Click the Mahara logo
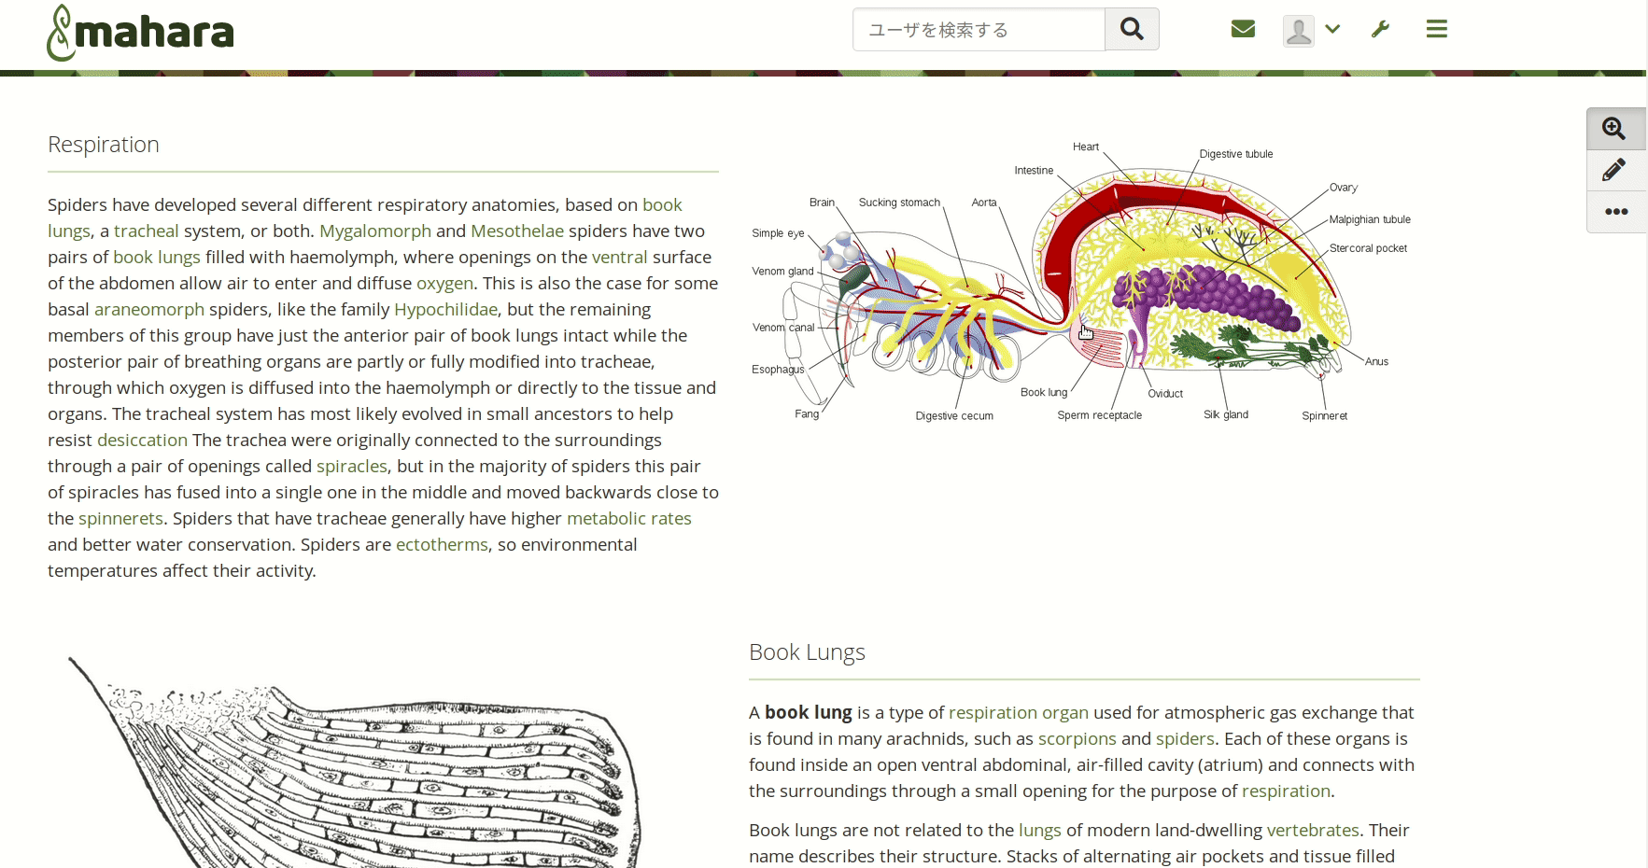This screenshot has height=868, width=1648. tap(140, 33)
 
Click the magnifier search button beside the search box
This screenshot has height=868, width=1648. tap(1132, 29)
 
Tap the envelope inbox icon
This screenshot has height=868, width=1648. tap(1243, 29)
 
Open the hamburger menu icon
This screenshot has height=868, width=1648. tap(1436, 29)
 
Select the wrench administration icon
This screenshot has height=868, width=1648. tap(1380, 29)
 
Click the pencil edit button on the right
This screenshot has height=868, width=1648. tap(1614, 170)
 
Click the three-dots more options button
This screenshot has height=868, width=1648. tap(1615, 212)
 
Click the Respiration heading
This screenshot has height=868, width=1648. tap(104, 145)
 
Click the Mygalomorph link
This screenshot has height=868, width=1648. tap(375, 231)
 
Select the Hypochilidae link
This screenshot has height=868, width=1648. tap(445, 309)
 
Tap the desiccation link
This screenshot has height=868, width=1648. tap(142, 440)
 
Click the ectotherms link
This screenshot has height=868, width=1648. tap(442, 544)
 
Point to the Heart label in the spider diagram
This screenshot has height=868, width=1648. tap(1085, 147)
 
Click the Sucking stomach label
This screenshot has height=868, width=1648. tap(899, 203)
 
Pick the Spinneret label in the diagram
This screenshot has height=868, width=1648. tap(1324, 416)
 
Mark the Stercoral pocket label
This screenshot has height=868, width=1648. tap(1368, 248)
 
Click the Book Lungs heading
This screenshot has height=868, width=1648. tap(807, 652)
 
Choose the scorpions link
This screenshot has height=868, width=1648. tap(1077, 738)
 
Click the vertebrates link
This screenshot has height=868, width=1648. tap(1312, 830)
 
